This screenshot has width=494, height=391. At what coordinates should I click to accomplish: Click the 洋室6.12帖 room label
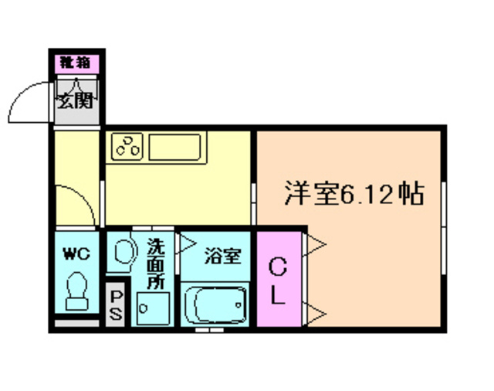coord(354,193)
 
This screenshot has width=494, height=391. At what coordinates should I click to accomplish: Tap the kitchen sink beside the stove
coord(176,145)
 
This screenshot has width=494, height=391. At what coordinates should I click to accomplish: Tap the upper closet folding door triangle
coord(316,246)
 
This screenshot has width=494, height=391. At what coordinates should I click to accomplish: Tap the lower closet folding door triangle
coord(316,313)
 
